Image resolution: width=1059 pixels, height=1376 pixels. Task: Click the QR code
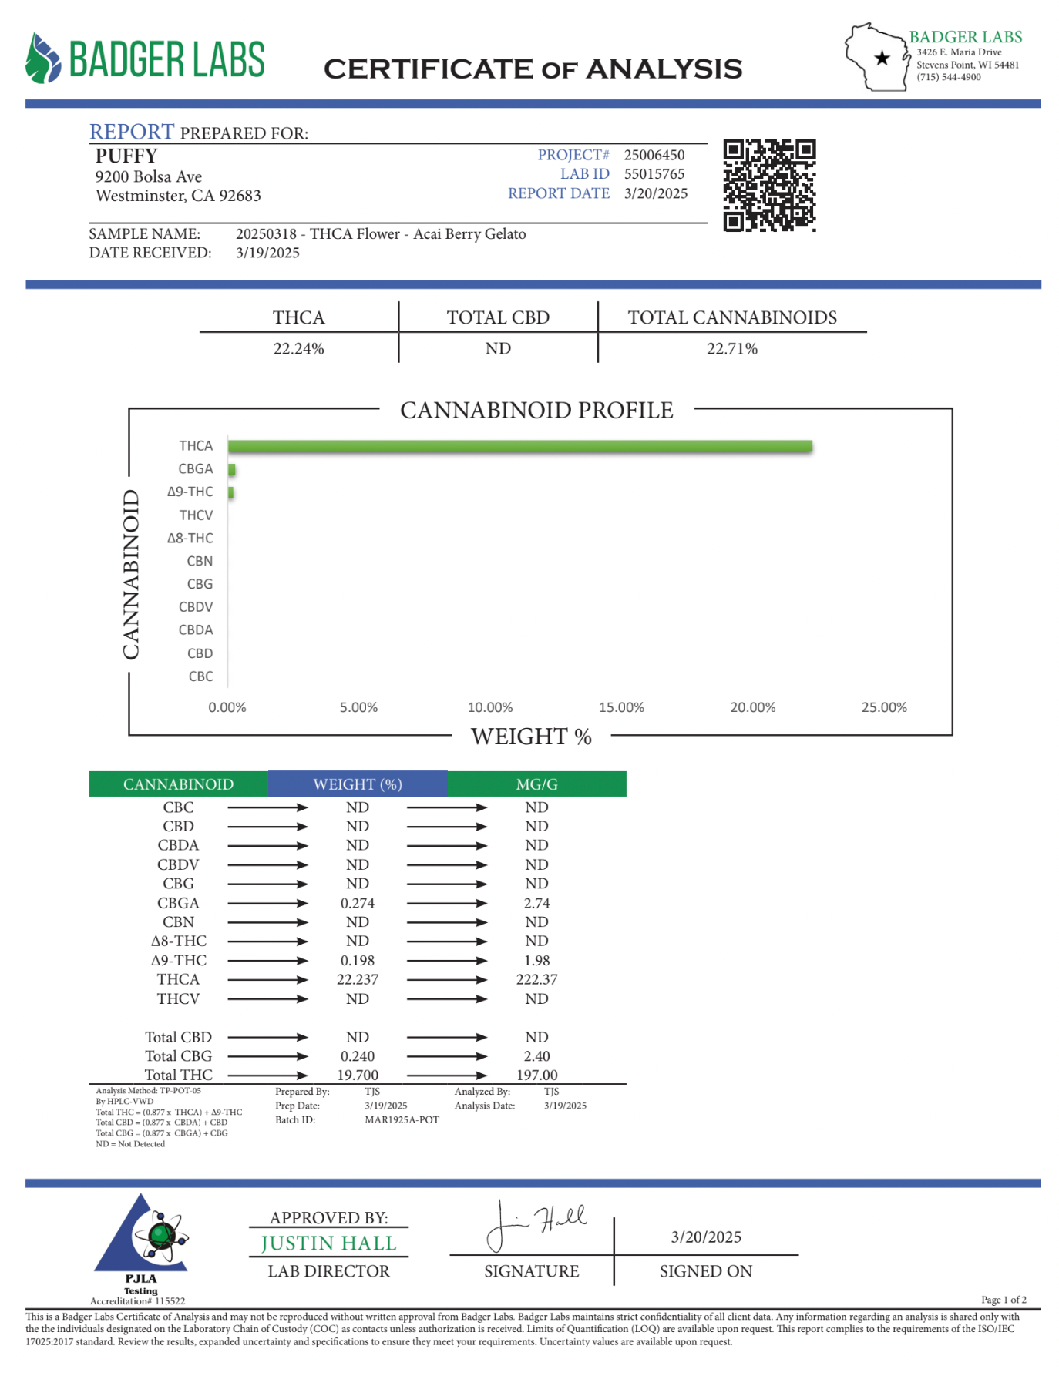pyautogui.click(x=768, y=185)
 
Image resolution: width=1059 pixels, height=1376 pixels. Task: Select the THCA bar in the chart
pyautogui.click(x=519, y=446)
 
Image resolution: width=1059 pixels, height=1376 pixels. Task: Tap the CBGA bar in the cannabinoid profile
pyautogui.click(x=232, y=469)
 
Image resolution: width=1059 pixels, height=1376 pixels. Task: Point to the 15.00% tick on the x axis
pyautogui.click(x=621, y=707)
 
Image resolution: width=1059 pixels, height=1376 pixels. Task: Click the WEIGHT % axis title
pyautogui.click(x=531, y=737)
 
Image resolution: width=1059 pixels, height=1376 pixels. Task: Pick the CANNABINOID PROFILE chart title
pyautogui.click(x=536, y=410)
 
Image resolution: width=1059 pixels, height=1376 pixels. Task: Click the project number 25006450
pyautogui.click(x=654, y=155)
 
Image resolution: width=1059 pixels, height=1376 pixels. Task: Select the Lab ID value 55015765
pyautogui.click(x=654, y=174)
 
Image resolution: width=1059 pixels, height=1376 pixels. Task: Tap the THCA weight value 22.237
pyautogui.click(x=358, y=979)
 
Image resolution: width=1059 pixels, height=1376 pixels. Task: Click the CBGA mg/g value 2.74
pyautogui.click(x=536, y=903)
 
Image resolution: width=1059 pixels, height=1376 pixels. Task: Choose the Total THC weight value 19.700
pyautogui.click(x=358, y=1075)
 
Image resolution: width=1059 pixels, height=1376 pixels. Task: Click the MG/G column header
pyautogui.click(x=536, y=784)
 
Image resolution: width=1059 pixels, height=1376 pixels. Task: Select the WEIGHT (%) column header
pyautogui.click(x=358, y=784)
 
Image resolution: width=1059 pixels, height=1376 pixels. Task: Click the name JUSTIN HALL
pyautogui.click(x=328, y=1243)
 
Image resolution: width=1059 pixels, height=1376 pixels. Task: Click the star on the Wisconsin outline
pyautogui.click(x=882, y=58)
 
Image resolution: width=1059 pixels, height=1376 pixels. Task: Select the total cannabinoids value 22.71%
pyautogui.click(x=732, y=349)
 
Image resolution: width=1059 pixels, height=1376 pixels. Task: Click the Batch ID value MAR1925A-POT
pyautogui.click(x=402, y=1119)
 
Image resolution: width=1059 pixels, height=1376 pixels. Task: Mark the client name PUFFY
pyautogui.click(x=126, y=156)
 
